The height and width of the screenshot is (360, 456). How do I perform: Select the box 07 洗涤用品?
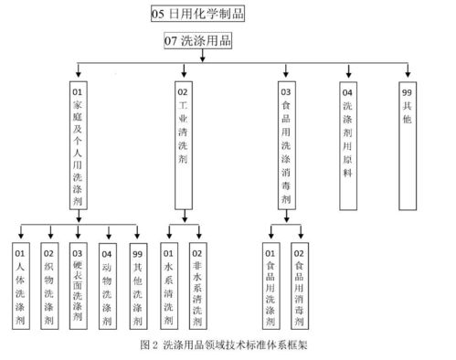[x=197, y=41]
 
